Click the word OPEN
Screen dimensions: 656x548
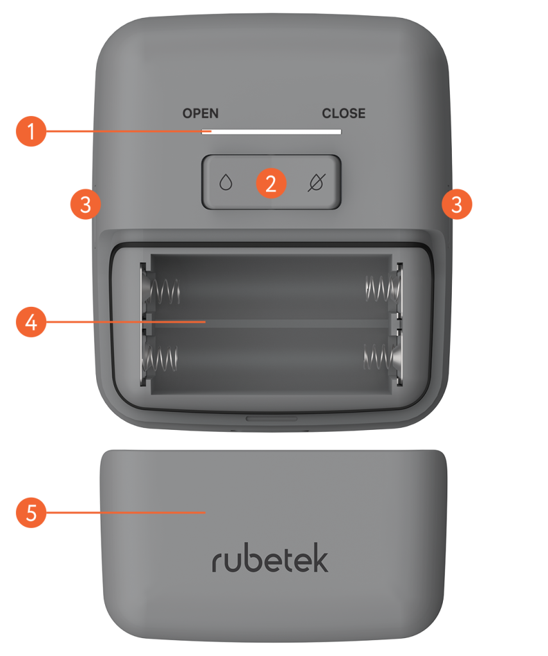[x=200, y=113]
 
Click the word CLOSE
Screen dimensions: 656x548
[x=344, y=113]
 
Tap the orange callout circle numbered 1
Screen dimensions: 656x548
[x=31, y=132]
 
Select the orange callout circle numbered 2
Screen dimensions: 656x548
[x=270, y=184]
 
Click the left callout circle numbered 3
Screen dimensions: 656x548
[x=85, y=205]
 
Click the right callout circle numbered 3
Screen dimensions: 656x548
[x=456, y=205]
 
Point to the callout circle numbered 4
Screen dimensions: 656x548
[x=31, y=322]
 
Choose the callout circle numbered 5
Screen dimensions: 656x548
[x=31, y=512]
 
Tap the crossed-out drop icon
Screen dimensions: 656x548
[x=315, y=184]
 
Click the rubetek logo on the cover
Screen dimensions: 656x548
[x=270, y=560]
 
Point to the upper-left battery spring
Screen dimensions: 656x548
[x=163, y=291]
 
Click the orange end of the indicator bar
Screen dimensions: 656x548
[x=206, y=132]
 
